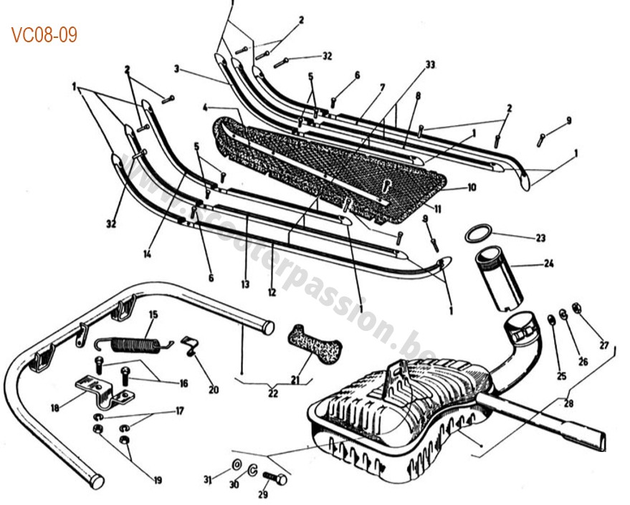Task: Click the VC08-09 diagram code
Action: point(44,34)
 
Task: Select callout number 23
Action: point(540,237)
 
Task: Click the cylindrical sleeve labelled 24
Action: point(497,278)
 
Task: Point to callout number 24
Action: point(548,264)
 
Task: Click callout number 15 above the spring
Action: point(153,314)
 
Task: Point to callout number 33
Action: point(430,64)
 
